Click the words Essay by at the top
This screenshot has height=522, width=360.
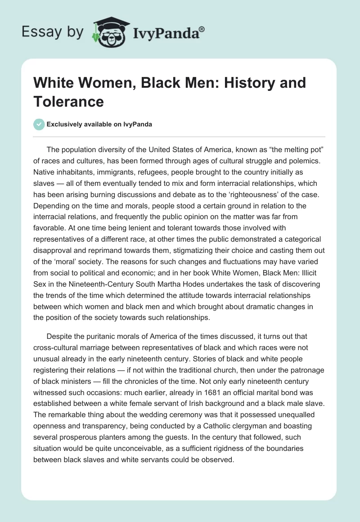[x=52, y=32]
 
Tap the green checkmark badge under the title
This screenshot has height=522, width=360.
[x=39, y=124]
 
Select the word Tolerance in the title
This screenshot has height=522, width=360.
[x=69, y=101]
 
